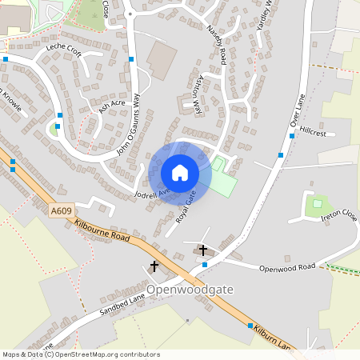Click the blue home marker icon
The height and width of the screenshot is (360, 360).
(x=179, y=173)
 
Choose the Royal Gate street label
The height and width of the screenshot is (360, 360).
(x=186, y=206)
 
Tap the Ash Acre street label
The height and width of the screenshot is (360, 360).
(x=112, y=104)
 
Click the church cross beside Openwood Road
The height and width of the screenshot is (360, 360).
(x=203, y=250)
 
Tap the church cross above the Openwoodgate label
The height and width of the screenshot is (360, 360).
(x=154, y=265)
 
